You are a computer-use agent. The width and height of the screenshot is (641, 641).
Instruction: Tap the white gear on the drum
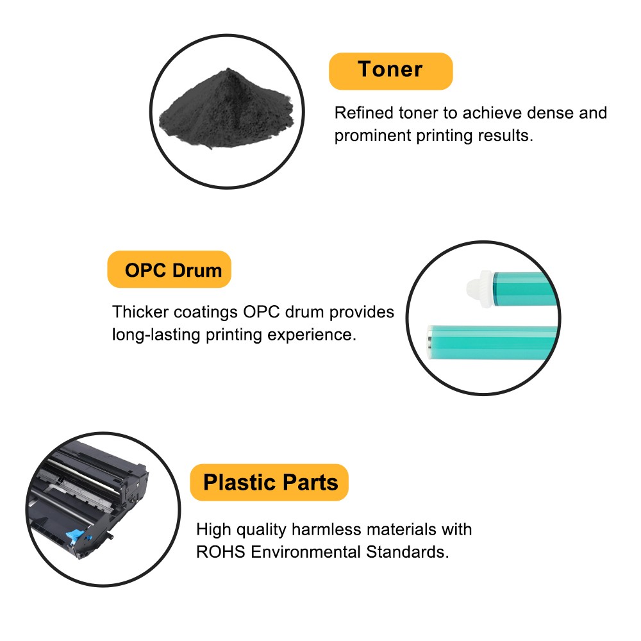480,288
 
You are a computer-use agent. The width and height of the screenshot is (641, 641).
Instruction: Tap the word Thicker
140,312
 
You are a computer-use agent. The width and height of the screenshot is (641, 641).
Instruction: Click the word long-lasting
156,335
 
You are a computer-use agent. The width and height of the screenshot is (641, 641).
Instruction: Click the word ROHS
221,553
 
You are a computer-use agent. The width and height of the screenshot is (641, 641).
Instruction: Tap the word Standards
408,553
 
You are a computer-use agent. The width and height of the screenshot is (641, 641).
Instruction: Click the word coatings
206,312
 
